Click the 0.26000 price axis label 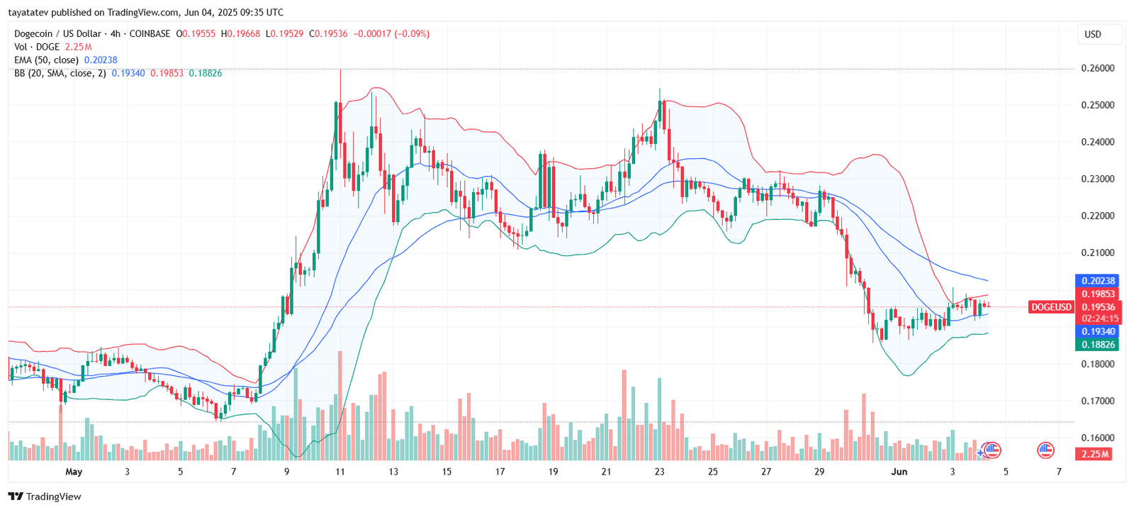pyautogui.click(x=1097, y=68)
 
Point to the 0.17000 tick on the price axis pyautogui.click(x=1097, y=401)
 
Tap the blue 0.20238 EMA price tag pyautogui.click(x=1098, y=281)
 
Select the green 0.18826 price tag pyautogui.click(x=1098, y=345)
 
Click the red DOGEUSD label pyautogui.click(x=1051, y=307)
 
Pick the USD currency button pyautogui.click(x=1093, y=34)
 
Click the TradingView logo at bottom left pyautogui.click(x=45, y=497)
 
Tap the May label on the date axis pyautogui.click(x=74, y=472)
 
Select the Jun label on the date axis pyautogui.click(x=899, y=472)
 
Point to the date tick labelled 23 pyautogui.click(x=659, y=472)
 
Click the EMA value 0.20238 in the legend pyautogui.click(x=101, y=60)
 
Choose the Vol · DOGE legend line pyautogui.click(x=37, y=47)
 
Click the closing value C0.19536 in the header pyautogui.click(x=328, y=33)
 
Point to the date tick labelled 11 pyautogui.click(x=340, y=472)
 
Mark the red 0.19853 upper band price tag pyautogui.click(x=1098, y=294)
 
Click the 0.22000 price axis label pyautogui.click(x=1097, y=216)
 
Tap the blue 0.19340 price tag pyautogui.click(x=1098, y=331)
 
